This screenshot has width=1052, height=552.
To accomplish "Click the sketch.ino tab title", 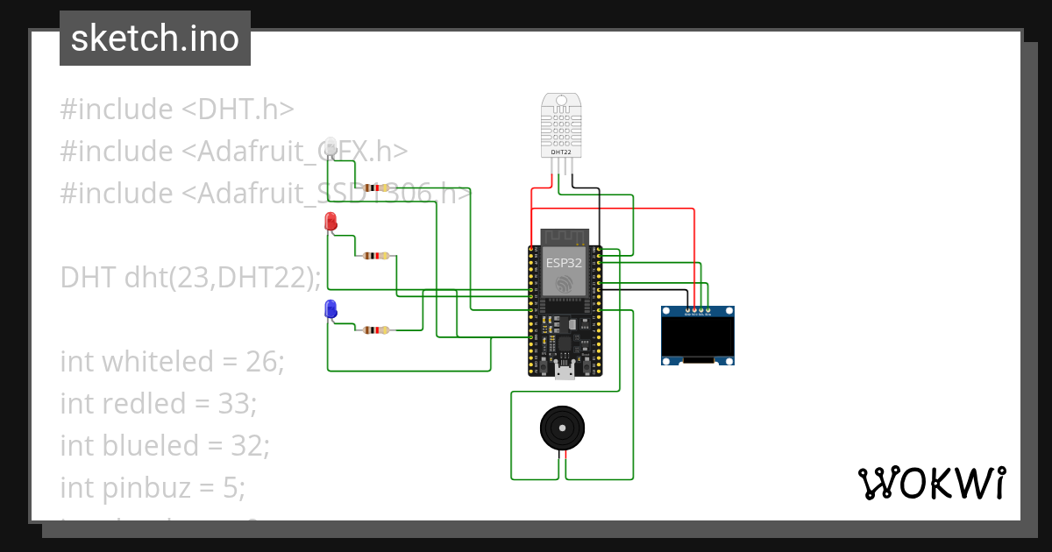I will [x=154, y=39].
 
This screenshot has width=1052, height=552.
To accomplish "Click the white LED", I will [x=331, y=146].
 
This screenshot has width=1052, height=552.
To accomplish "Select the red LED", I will [x=331, y=222].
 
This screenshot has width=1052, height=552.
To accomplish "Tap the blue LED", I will [x=331, y=308].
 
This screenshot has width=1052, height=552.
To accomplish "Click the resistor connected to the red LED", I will [x=376, y=257].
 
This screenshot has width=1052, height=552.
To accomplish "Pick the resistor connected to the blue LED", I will [x=376, y=330].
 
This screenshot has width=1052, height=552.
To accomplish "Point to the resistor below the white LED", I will [x=375, y=188].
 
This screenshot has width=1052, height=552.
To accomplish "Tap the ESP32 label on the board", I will [x=565, y=261].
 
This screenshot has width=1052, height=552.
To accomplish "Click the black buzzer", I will [x=561, y=428].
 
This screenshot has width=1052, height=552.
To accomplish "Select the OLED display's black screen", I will [x=697, y=336].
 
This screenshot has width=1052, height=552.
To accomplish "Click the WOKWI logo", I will [x=931, y=483].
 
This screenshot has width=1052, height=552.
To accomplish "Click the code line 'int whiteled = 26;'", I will [x=172, y=361].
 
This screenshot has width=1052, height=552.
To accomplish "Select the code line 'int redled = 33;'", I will [x=158, y=403].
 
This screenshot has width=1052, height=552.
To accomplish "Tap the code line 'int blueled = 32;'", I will [x=165, y=445].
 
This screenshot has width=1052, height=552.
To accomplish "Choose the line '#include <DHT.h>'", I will [x=177, y=110].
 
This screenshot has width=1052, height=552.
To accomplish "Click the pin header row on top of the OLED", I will [x=697, y=309].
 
